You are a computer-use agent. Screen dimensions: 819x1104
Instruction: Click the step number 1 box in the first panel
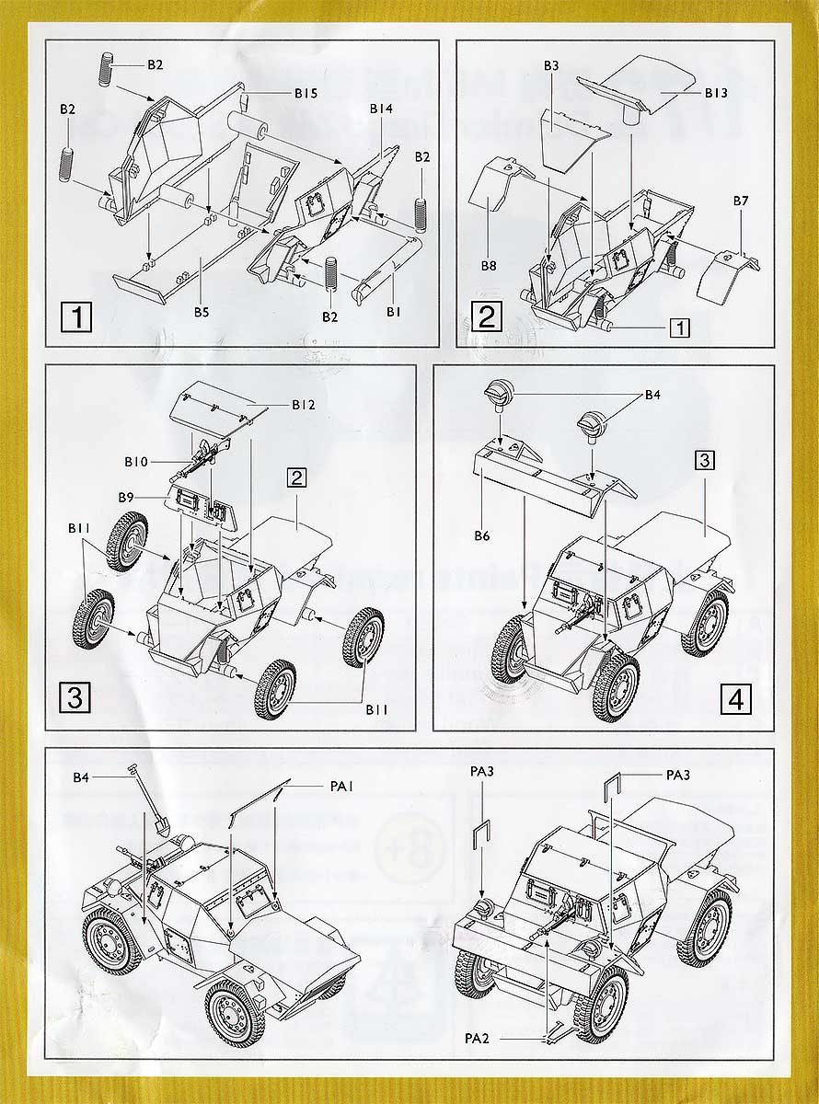pos(76,318)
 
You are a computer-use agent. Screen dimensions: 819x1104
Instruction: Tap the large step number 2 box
pos(488,317)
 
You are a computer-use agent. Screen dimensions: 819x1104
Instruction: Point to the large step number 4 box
pos(735,699)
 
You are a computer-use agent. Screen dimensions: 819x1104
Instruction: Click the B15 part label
pos(306,93)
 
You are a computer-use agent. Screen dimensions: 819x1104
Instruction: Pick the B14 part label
pos(382,109)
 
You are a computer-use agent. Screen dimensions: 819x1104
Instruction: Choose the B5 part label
pos(202,312)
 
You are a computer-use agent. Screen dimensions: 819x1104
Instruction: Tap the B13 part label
pos(717,93)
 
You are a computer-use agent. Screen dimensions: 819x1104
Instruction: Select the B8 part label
pos(488,266)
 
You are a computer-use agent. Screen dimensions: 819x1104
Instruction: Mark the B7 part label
pos(742,201)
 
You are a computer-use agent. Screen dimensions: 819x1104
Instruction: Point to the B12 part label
pos(305,404)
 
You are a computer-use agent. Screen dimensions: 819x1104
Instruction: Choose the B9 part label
pos(127,497)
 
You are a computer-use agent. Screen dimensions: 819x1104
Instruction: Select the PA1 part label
pos(341,787)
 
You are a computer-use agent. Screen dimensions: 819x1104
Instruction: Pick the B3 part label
pos(551,66)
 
